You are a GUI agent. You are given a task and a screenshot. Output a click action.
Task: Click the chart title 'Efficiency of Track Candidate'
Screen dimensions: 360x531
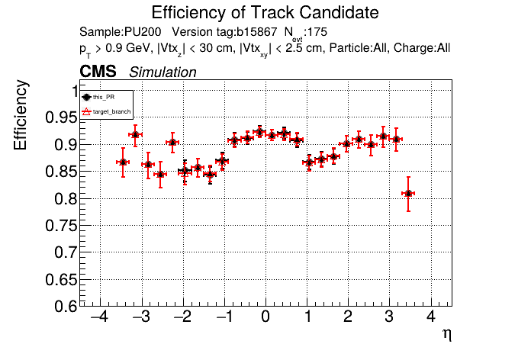tap(265, 13)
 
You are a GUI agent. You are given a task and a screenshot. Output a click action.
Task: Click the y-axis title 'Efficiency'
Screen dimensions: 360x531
tap(22, 115)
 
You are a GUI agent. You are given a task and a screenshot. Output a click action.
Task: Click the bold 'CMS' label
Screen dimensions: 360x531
tap(98, 72)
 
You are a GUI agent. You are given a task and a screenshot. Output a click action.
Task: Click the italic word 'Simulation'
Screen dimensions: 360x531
tap(163, 72)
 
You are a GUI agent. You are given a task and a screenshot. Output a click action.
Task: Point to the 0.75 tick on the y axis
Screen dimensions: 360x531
tap(60, 225)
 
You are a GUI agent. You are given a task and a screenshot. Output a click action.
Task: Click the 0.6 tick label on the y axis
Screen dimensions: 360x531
tap(64, 306)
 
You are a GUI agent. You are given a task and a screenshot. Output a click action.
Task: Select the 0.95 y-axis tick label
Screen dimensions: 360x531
tap(60, 117)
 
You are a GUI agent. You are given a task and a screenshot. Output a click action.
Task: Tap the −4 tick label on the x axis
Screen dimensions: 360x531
tap(98, 317)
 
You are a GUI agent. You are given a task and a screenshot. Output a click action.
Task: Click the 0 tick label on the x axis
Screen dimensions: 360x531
tap(265, 317)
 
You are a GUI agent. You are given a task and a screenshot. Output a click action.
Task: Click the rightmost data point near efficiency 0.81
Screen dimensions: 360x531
tap(409, 194)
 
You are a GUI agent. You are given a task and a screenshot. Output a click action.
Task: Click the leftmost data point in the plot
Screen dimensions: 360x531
tap(122, 162)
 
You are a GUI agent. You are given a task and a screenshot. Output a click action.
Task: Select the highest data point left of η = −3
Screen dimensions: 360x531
tap(135, 135)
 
